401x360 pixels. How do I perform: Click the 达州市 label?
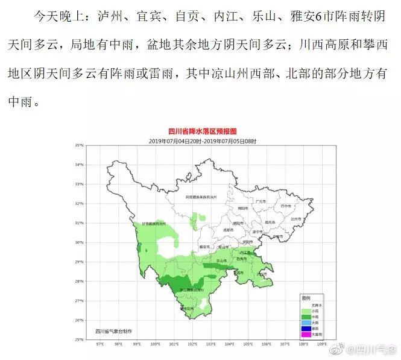pyautogui.click(x=295, y=219)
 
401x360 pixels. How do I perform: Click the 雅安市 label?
pyautogui.click(x=203, y=247)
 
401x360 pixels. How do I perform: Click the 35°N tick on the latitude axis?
pyautogui.click(x=79, y=145)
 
